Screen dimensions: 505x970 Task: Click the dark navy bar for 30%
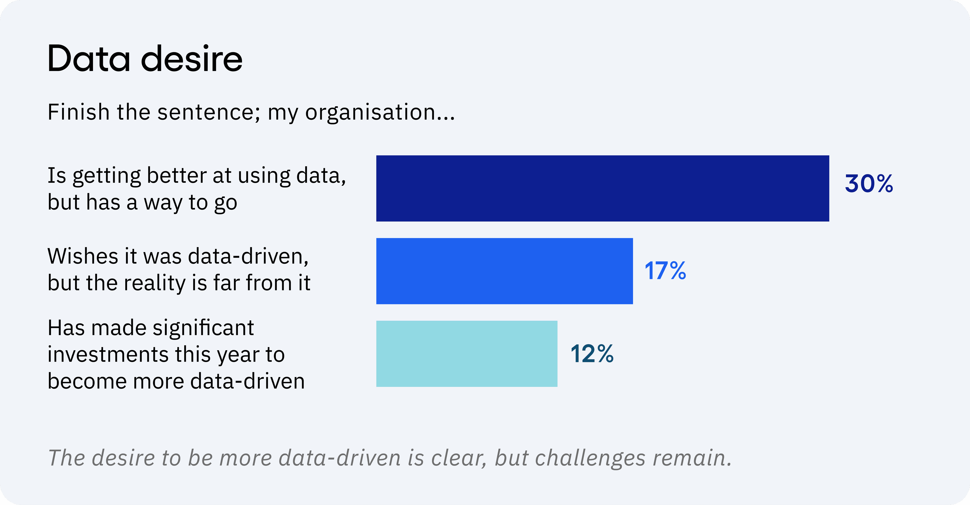602,188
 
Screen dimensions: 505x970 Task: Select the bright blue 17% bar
505,271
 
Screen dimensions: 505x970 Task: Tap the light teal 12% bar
467,354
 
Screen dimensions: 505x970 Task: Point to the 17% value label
665,271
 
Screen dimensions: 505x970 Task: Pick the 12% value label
592,354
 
